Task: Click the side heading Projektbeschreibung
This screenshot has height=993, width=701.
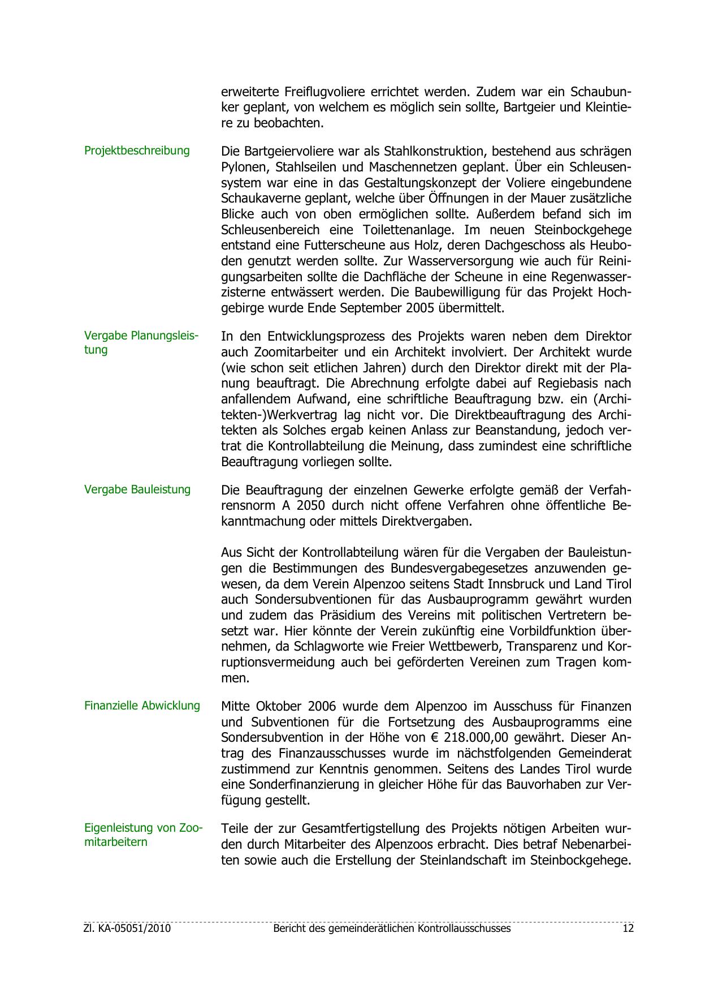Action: (x=137, y=151)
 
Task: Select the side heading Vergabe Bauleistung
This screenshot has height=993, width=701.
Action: (x=137, y=489)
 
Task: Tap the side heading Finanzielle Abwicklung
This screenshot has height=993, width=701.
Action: (x=142, y=706)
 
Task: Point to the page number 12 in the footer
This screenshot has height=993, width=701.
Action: (x=628, y=928)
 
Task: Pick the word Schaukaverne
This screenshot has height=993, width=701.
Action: (x=257, y=199)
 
